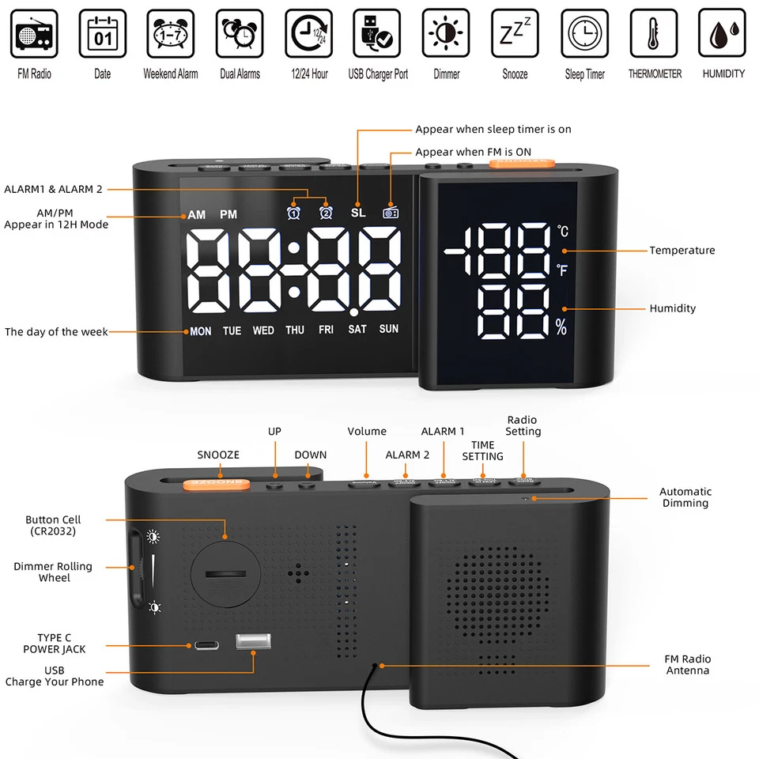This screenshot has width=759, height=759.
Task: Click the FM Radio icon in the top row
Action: point(34,33)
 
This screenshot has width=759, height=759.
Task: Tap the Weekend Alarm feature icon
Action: point(171,33)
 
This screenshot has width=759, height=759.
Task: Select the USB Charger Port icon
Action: point(378,33)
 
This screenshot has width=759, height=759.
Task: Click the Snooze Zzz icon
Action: point(515,33)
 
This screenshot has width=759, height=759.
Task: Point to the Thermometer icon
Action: point(654,33)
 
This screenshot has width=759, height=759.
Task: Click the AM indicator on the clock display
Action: point(196,214)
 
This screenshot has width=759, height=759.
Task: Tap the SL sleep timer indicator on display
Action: point(358,213)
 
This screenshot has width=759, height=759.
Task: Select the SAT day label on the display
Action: point(357,330)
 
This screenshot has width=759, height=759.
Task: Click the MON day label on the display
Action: point(201,331)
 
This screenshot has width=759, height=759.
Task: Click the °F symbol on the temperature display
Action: point(562,270)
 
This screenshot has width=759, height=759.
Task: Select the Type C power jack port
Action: point(204,645)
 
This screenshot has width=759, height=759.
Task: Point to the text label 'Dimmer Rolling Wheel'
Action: point(53,572)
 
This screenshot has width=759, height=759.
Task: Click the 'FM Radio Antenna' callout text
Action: point(687,665)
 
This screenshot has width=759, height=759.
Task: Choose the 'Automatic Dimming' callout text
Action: point(685,497)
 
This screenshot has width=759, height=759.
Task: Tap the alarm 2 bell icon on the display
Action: point(325,213)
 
